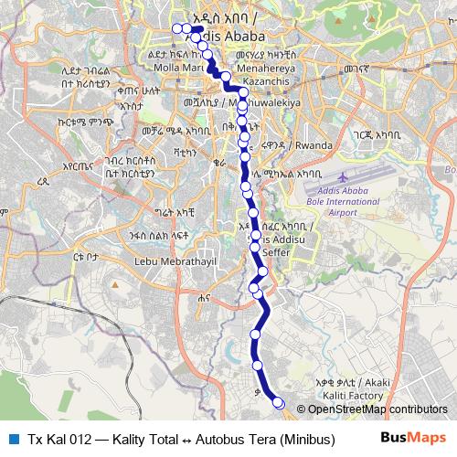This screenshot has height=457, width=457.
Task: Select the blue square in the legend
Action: pyautogui.click(x=12, y=438)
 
